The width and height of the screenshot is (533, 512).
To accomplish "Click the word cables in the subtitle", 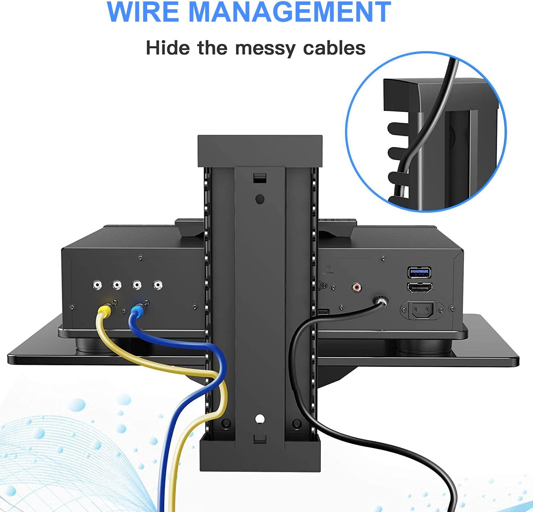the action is pyautogui.click(x=334, y=48).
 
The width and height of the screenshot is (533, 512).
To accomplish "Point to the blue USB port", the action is pyautogui.click(x=419, y=272).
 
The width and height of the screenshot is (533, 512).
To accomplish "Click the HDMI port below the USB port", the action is pyautogui.click(x=419, y=288).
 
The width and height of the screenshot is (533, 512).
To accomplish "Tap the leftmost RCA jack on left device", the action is pyautogui.click(x=97, y=285).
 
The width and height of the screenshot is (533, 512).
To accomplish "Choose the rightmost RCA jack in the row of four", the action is pyautogui.click(x=157, y=285).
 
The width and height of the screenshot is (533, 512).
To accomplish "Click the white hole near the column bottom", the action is pyautogui.click(x=260, y=419).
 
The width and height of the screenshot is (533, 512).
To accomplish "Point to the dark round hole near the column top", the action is pyautogui.click(x=260, y=199).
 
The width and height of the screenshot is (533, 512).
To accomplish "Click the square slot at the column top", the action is pyautogui.click(x=260, y=178).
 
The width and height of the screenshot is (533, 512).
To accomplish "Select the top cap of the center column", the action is pyautogui.click(x=260, y=151).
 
